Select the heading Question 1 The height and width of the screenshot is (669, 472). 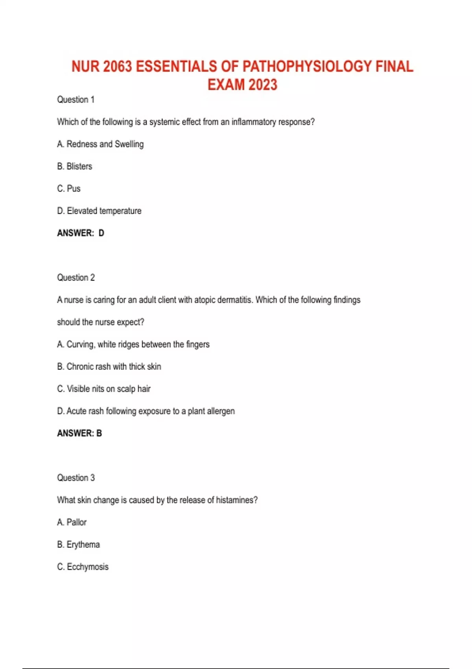76,100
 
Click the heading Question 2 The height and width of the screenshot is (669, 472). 76,277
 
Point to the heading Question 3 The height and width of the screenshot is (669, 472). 76,478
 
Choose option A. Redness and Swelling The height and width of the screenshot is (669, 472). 100,144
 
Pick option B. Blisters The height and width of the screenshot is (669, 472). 75,166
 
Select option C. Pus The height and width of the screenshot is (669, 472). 69,189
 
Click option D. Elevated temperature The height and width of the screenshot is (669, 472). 99,211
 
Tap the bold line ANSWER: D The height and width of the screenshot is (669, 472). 81,233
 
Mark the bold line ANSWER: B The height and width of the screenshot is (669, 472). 79,433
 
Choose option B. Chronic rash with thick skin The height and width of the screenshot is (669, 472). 109,366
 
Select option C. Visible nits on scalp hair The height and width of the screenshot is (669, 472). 104,389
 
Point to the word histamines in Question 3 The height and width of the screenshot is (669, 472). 235,500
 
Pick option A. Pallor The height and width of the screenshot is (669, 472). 72,522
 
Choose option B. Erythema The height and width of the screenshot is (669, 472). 78,545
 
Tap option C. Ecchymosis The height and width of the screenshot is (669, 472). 83,567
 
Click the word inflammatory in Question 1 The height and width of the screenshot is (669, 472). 254,122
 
